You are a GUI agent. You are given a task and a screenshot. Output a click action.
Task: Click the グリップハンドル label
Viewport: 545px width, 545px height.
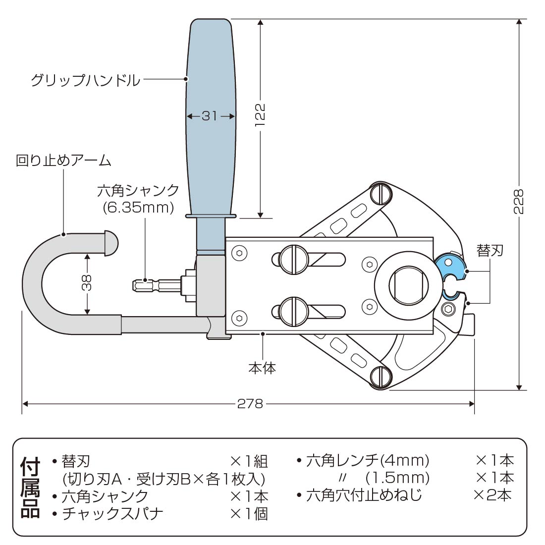click(85, 80)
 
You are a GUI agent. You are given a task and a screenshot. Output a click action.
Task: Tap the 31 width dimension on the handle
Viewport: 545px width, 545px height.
click(210, 116)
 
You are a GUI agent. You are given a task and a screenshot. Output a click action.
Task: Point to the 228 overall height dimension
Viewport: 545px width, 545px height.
click(519, 201)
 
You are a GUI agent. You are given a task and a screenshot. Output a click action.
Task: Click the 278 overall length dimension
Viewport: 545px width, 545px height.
click(250, 404)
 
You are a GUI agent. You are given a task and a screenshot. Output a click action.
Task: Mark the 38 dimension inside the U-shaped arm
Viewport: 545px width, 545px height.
click(87, 283)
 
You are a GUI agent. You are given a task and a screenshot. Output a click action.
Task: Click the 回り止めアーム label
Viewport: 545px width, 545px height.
click(63, 161)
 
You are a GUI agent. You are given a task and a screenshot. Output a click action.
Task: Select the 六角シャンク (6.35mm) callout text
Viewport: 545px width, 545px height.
click(138, 199)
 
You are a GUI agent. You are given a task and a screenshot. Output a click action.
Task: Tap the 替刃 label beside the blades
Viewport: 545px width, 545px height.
click(490, 250)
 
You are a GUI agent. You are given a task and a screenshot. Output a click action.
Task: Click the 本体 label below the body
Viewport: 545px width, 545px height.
click(262, 368)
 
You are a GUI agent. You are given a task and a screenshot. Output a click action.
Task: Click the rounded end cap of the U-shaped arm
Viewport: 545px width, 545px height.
click(110, 242)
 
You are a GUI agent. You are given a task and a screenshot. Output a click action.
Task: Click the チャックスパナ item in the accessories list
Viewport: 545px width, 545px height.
click(112, 513)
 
